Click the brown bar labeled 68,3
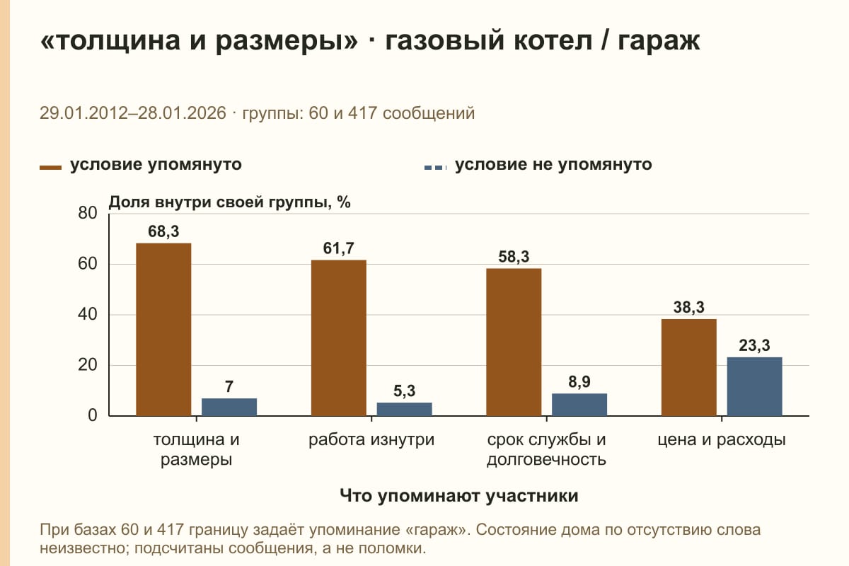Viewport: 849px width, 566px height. pos(163,330)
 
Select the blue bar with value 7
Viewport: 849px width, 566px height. pos(229,407)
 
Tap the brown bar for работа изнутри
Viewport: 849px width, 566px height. pos(338,337)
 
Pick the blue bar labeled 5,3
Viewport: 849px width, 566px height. pos(404,409)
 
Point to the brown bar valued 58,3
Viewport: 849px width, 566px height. pos(514,342)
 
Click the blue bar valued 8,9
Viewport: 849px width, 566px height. pos(579,405)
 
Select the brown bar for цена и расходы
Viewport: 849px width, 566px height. pos(688,367)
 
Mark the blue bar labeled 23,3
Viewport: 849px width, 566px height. pos(754,386)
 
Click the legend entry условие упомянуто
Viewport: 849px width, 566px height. pos(141,165)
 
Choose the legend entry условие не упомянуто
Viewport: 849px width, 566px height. pos(538,165)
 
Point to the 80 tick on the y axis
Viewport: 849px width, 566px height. pos(88,213)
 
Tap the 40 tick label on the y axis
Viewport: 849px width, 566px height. pos(88,314)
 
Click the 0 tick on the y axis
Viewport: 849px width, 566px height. pos(93,415)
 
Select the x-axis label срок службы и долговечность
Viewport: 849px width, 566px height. pos(546,449)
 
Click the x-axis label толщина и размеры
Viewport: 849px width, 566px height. pos(197,449)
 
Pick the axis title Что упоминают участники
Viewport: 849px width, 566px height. pos(459,495)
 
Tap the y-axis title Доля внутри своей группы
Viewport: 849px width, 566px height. pos(218,202)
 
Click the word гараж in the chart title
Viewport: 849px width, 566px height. pos(659,41)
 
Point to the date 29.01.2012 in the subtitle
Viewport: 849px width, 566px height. pos(83,113)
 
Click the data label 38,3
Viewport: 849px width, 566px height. pos(688,307)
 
